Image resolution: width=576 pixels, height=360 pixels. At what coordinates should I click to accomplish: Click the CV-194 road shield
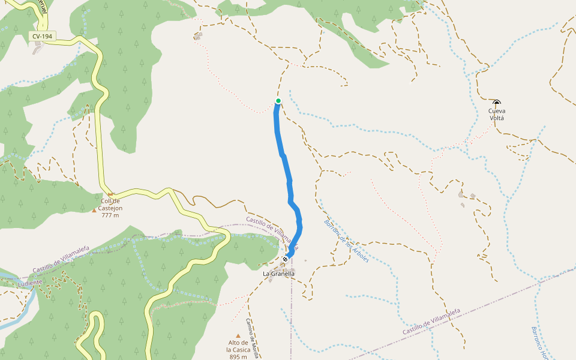click(42, 37)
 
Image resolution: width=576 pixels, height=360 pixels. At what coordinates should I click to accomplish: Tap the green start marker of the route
click(278, 101)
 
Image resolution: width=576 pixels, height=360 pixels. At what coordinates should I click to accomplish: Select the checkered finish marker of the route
click(285, 259)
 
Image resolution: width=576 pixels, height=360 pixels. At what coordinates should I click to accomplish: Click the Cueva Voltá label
click(497, 114)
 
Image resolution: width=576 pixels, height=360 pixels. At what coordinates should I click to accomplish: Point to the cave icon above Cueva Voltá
click(497, 103)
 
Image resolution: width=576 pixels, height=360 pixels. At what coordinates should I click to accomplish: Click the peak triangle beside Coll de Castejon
click(94, 210)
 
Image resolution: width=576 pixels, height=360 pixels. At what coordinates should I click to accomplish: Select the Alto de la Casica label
click(238, 346)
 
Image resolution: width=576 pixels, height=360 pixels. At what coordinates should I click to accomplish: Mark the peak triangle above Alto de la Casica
click(238, 336)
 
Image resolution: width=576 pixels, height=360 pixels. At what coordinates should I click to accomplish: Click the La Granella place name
click(279, 274)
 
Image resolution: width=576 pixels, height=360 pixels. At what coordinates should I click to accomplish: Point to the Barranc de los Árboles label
click(347, 240)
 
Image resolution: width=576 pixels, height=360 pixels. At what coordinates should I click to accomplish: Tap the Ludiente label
click(31, 283)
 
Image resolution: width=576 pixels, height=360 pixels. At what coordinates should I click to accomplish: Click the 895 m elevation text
click(238, 357)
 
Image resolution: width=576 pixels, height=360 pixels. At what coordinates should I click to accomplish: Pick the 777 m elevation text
click(110, 215)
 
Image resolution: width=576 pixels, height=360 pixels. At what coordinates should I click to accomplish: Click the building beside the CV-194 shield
click(38, 50)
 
